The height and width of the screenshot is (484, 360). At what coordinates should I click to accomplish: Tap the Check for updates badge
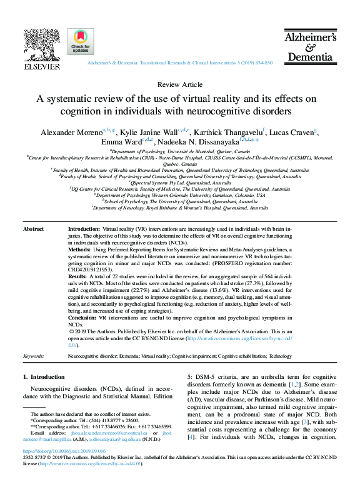point(81,41)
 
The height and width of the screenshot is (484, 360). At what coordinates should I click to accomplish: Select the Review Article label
point(180,84)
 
